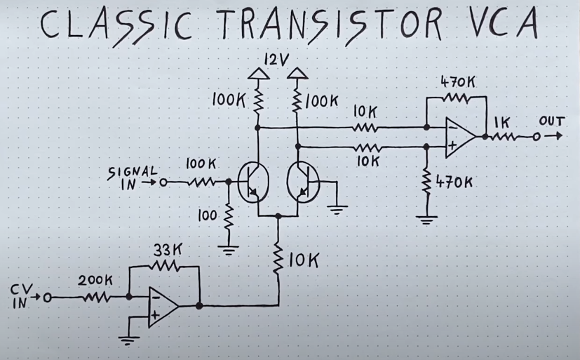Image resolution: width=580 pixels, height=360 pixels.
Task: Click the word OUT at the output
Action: [551, 121]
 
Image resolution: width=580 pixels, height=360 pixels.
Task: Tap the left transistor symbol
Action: [250, 180]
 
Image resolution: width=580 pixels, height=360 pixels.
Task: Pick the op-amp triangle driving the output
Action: [459, 136]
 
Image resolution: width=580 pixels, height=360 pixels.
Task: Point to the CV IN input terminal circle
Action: [48, 298]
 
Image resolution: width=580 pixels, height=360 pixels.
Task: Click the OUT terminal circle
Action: [536, 136]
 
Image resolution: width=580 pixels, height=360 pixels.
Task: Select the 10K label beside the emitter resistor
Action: [303, 260]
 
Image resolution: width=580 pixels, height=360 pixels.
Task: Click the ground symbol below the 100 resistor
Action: [227, 248]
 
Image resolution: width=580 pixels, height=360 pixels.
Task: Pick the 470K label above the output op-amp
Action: [457, 81]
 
